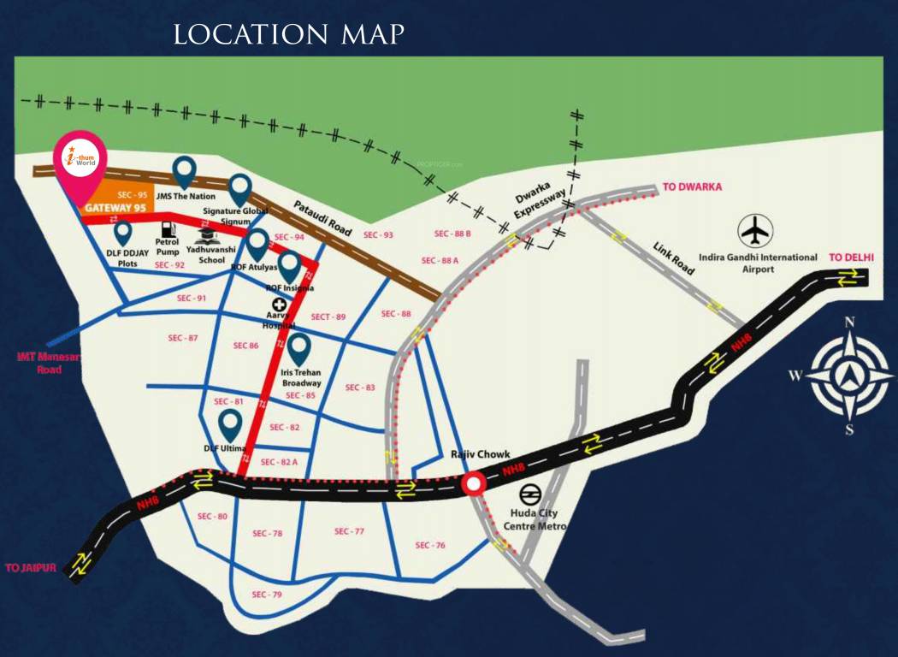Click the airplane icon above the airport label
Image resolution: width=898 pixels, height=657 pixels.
(756, 230)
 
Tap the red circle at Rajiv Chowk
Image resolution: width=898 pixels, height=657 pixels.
(473, 485)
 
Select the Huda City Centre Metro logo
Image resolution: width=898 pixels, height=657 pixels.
(529, 495)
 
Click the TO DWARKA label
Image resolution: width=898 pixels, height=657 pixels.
(693, 187)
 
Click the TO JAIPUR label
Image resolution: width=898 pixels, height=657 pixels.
(31, 567)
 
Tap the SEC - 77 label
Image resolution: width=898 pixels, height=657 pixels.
(349, 531)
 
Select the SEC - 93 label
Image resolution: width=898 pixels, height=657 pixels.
(377, 234)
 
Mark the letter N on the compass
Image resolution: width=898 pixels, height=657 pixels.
(849, 323)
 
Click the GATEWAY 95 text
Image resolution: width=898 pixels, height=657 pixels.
(115, 208)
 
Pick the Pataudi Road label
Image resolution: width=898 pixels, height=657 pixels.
(322, 218)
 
